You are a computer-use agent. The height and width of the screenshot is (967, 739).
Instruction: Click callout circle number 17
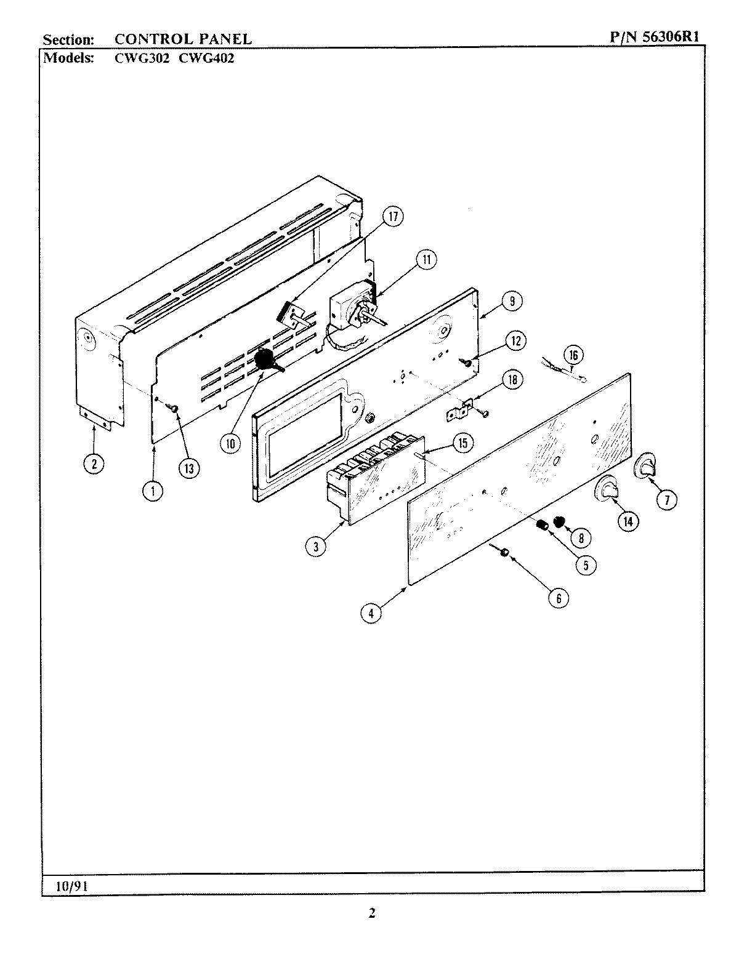[x=393, y=217]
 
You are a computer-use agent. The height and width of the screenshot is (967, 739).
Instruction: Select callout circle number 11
[x=426, y=260]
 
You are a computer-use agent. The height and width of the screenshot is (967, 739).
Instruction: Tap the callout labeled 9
[x=512, y=301]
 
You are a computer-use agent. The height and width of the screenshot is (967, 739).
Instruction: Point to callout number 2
[x=94, y=463]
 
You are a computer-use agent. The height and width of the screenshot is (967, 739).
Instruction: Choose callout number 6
[x=559, y=597]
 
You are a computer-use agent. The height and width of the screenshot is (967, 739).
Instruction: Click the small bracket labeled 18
[x=458, y=410]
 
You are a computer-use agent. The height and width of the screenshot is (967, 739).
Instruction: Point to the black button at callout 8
[x=559, y=523]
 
